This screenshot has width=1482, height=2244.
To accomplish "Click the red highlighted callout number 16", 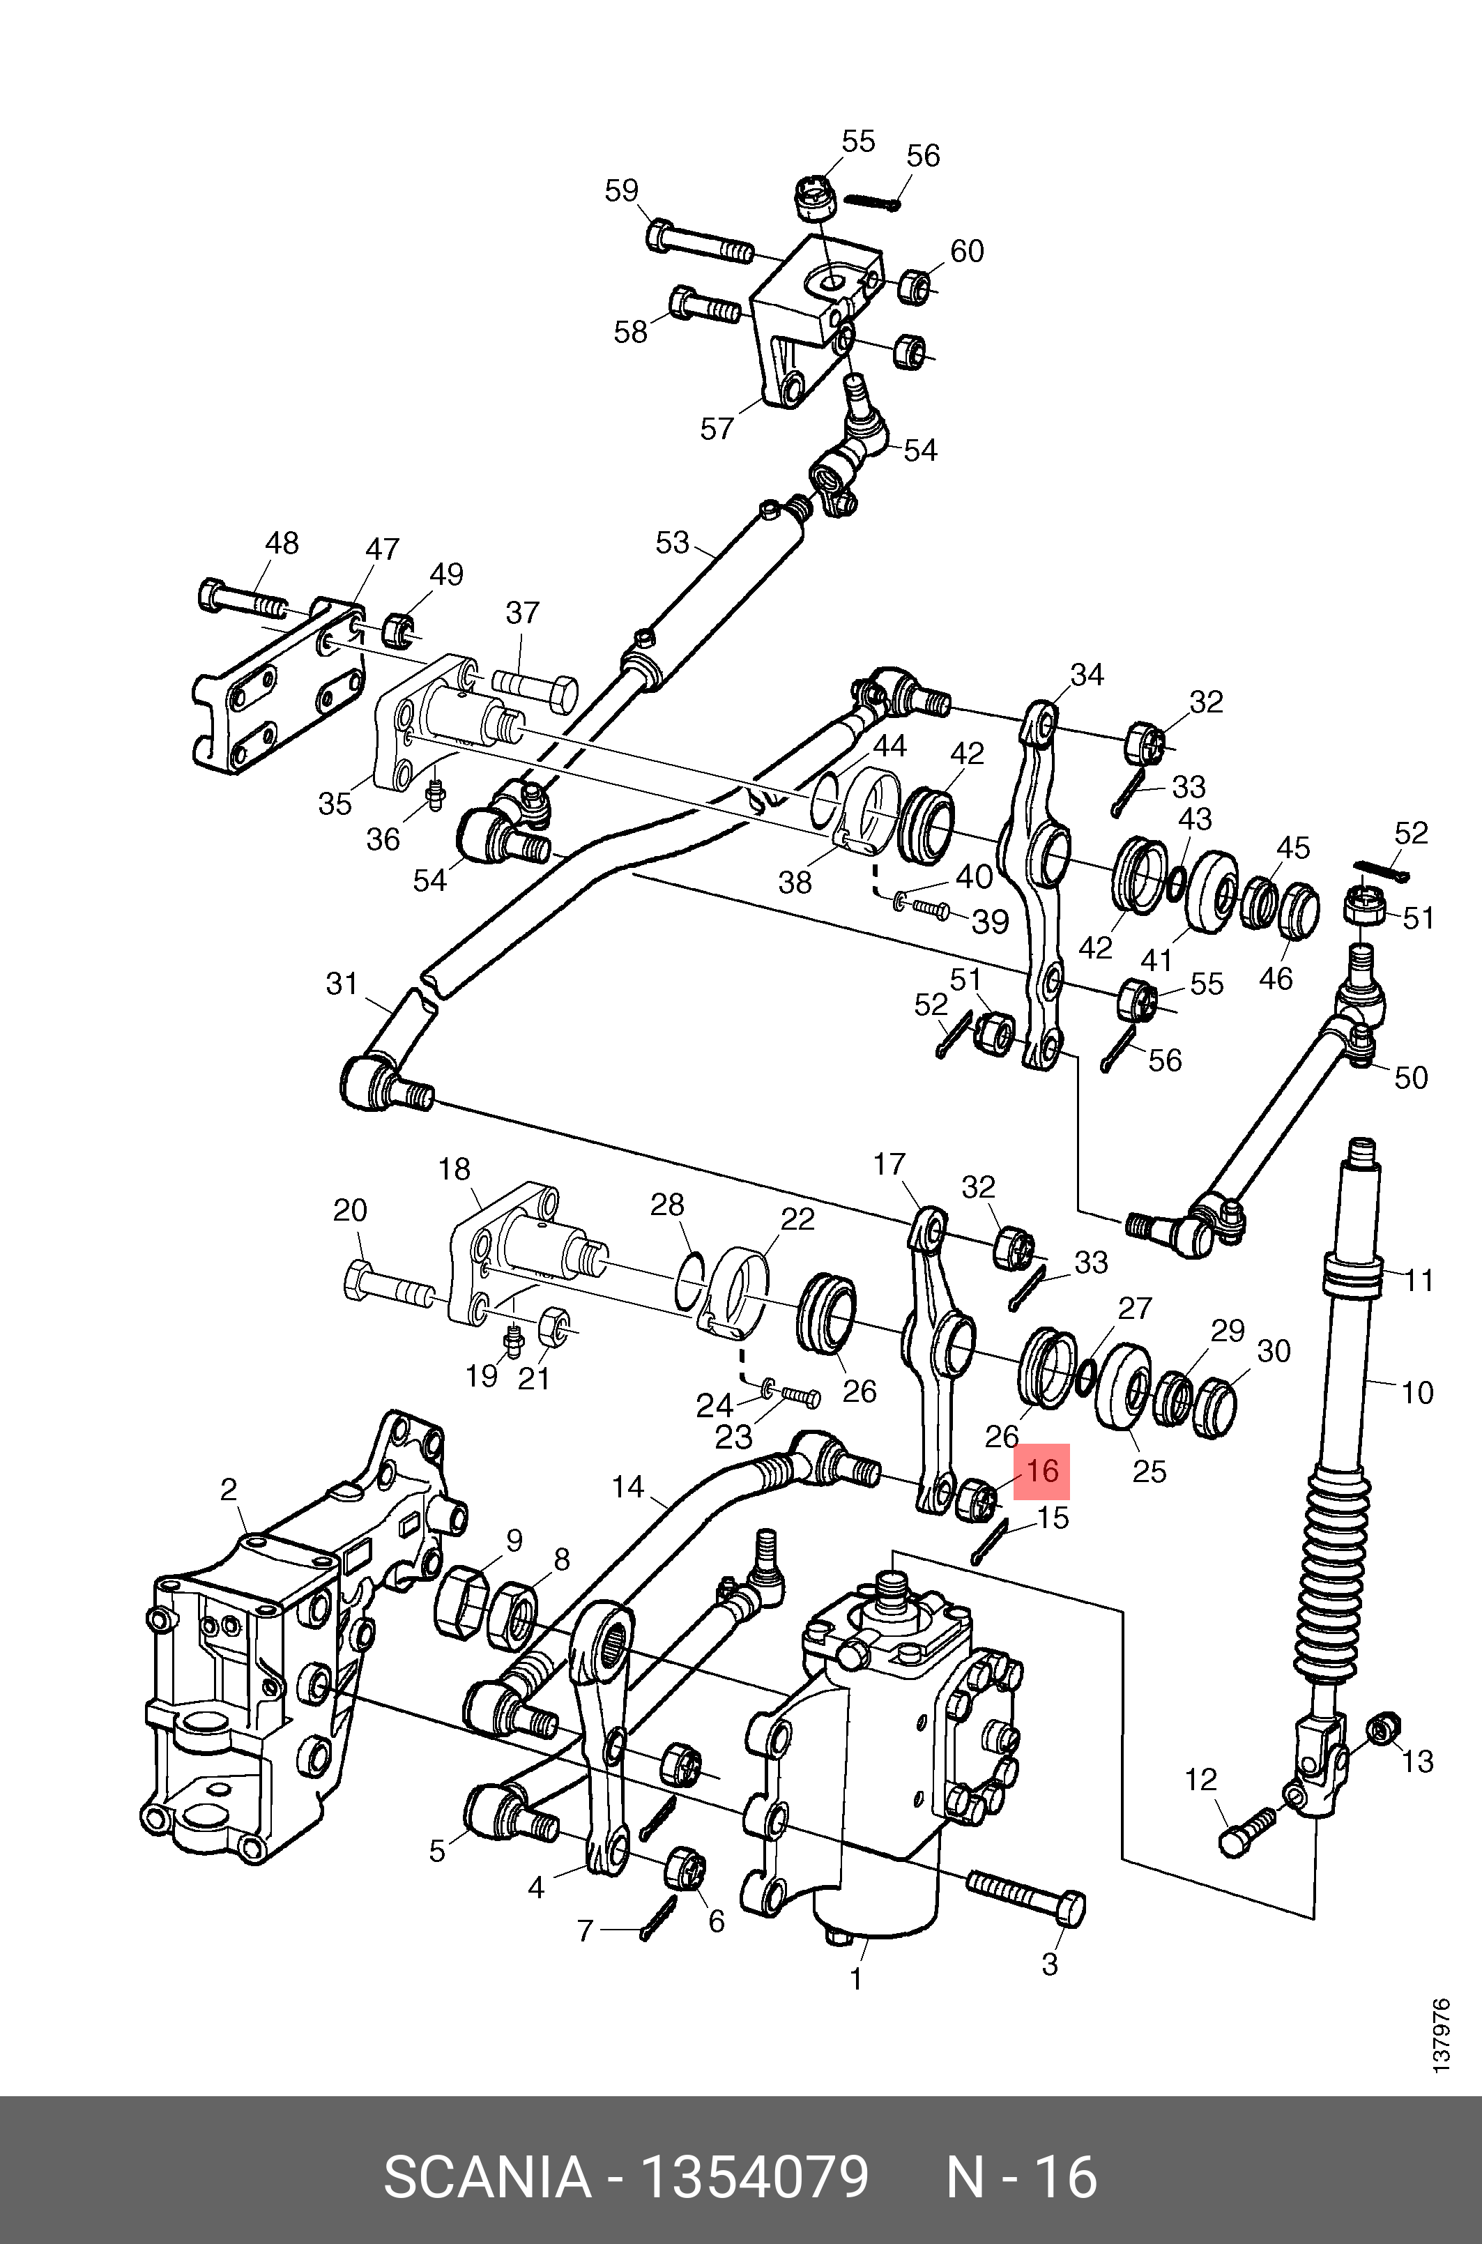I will pyautogui.click(x=1041, y=1472).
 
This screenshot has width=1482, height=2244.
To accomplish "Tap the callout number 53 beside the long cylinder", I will pyautogui.click(x=672, y=544).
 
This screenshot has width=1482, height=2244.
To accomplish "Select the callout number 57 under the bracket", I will pyautogui.click(x=717, y=429).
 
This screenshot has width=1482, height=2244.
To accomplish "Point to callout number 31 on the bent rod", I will pyautogui.click(x=342, y=984).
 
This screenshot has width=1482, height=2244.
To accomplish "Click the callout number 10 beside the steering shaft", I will pyautogui.click(x=1416, y=1392).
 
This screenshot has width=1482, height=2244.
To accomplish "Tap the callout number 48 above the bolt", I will pyautogui.click(x=282, y=544).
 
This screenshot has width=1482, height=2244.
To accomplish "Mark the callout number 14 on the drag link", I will pyautogui.click(x=627, y=1487).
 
